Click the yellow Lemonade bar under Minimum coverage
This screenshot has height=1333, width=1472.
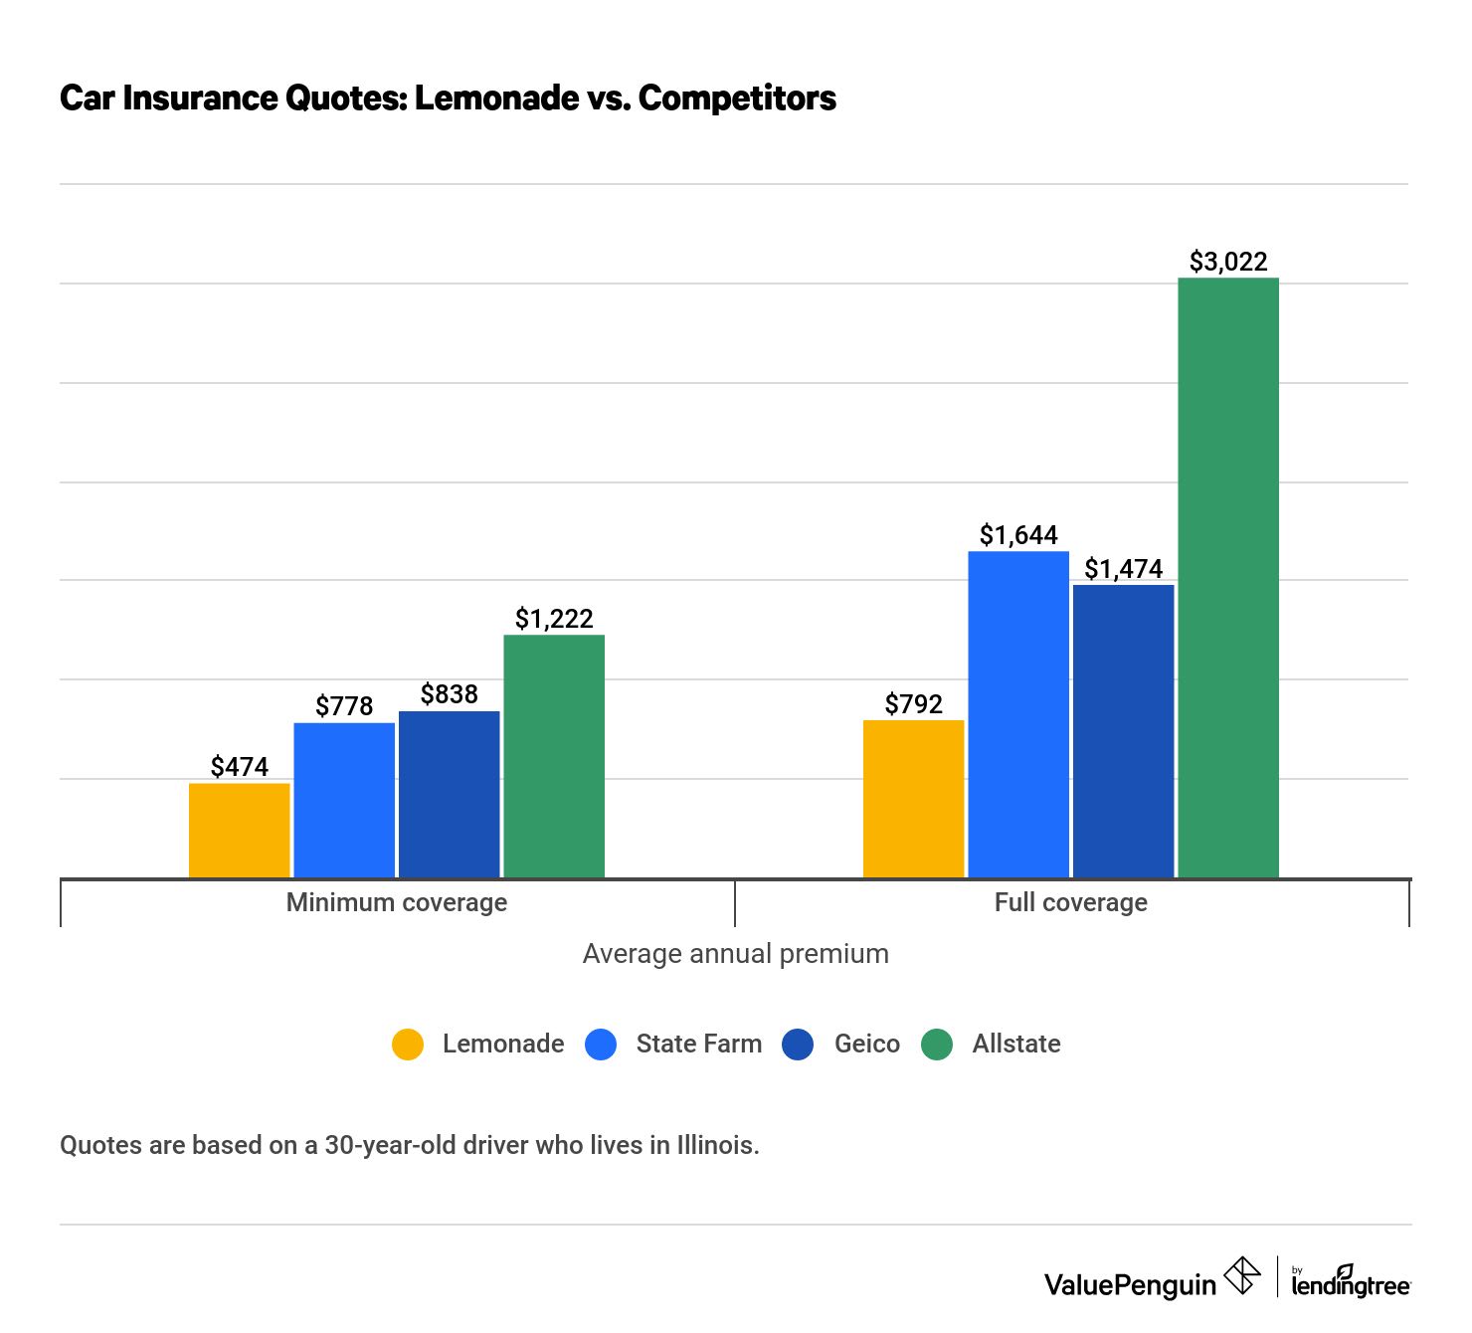pyautogui.click(x=240, y=831)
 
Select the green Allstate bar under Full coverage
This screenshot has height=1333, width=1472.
pyautogui.click(x=1228, y=577)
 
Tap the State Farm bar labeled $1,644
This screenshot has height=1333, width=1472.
pyautogui.click(x=1018, y=714)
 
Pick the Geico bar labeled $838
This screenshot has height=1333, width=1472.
pyautogui.click(x=450, y=794)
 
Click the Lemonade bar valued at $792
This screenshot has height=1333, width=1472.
pyautogui.click(x=913, y=799)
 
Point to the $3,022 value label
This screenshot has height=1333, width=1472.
pyautogui.click(x=1228, y=262)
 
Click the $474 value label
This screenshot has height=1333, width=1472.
pyautogui.click(x=240, y=767)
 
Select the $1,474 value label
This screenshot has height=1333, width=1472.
pyautogui.click(x=1124, y=569)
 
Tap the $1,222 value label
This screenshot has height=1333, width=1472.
pyautogui.click(x=554, y=619)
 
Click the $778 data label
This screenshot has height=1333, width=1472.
pyautogui.click(x=344, y=706)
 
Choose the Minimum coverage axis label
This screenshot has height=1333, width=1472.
pyautogui.click(x=397, y=902)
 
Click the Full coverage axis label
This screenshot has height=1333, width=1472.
pyautogui.click(x=1071, y=902)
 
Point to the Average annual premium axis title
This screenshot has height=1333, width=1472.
pyautogui.click(x=735, y=954)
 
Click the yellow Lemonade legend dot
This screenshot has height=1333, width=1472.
pyautogui.click(x=408, y=1045)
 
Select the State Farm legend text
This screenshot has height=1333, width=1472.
pyautogui.click(x=698, y=1045)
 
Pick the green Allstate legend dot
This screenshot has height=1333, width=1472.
pyautogui.click(x=937, y=1045)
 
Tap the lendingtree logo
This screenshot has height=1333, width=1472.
pyautogui.click(x=1351, y=1282)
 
